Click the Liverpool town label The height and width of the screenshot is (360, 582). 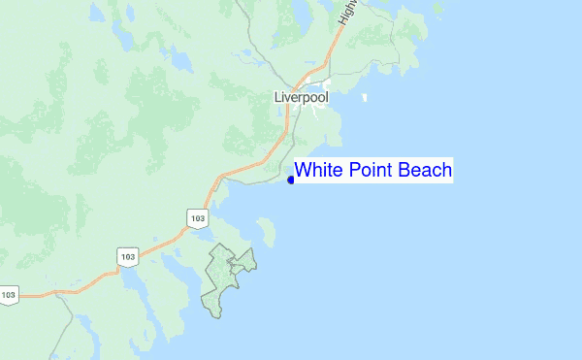[x=302, y=98]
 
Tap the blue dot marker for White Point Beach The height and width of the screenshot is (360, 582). [x=291, y=180]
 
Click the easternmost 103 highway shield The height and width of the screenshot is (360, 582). [x=198, y=217]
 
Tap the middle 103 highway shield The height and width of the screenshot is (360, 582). [x=127, y=256]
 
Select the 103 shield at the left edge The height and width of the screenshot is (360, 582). [x=9, y=294]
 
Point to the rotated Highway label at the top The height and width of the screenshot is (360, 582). [x=347, y=11]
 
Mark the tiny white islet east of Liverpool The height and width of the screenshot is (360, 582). [x=364, y=97]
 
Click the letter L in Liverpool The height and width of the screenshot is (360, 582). [x=278, y=98]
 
